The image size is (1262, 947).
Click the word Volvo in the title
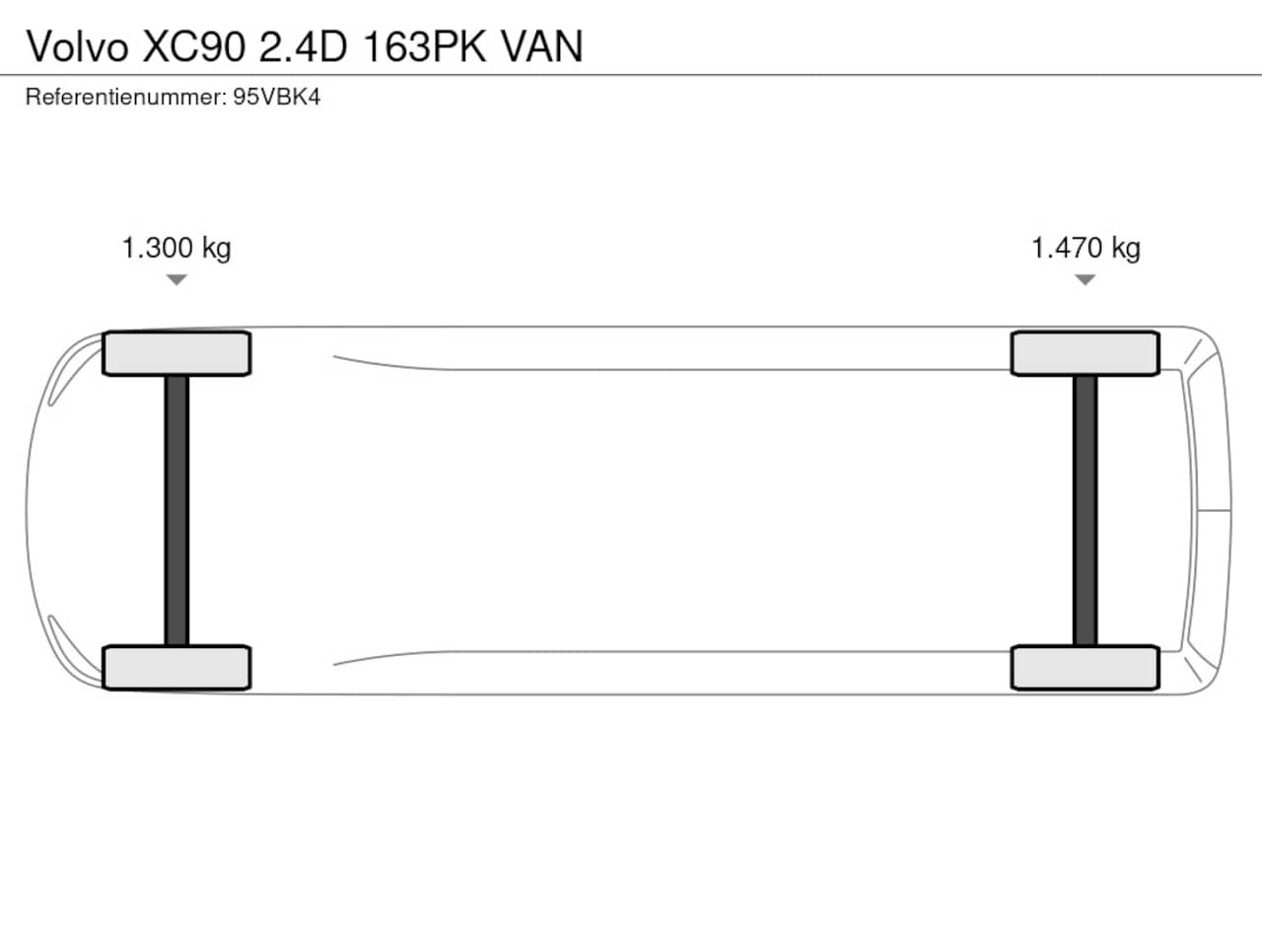tap(77, 46)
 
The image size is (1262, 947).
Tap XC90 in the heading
tap(194, 46)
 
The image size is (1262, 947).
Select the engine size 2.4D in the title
tap(304, 46)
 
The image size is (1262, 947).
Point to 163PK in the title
tap(425, 46)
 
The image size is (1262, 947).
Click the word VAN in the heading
tap(542, 46)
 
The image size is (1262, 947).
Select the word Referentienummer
tap(126, 97)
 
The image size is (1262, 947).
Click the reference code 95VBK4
tap(276, 97)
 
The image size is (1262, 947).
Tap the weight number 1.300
tap(158, 248)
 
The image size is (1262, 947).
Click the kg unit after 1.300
tap(216, 250)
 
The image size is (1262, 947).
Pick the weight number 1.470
tap(1067, 248)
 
